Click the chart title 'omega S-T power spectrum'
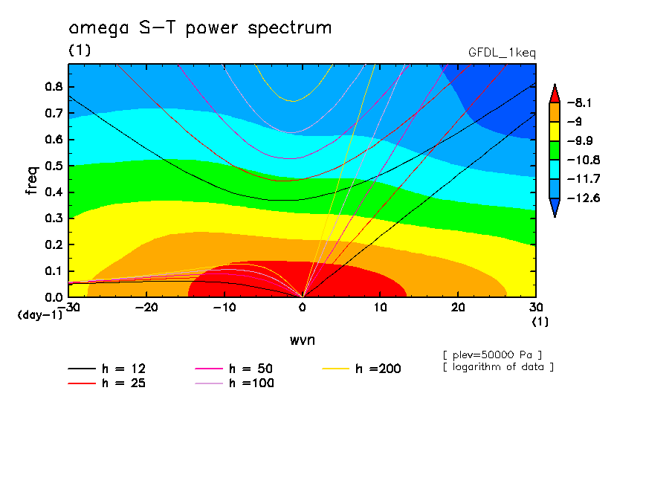[x=199, y=28]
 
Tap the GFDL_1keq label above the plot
[x=502, y=53]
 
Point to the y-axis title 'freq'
[x=31, y=180]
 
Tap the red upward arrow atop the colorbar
[x=554, y=93]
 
